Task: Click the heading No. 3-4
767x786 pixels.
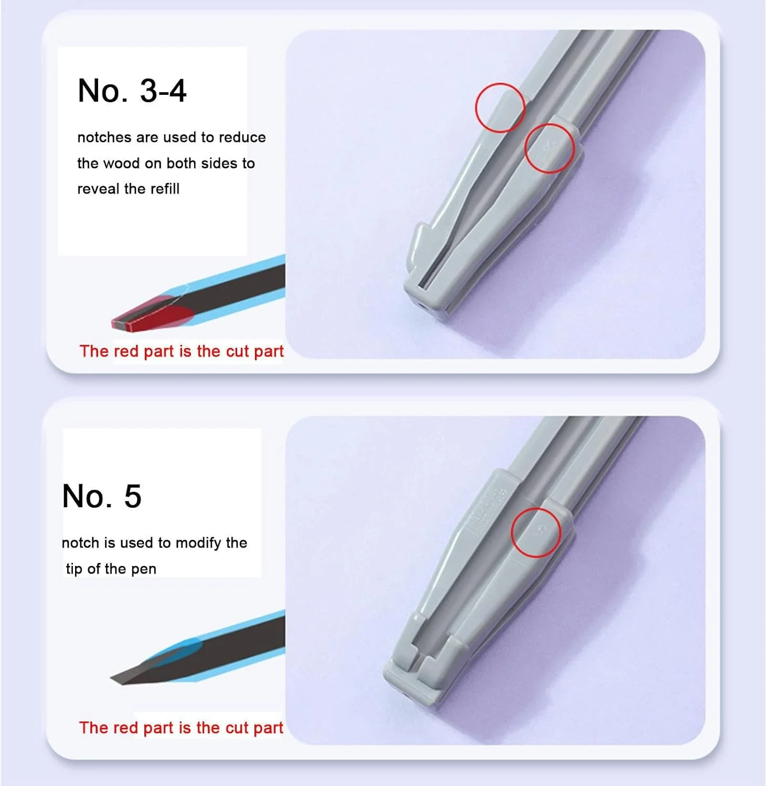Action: pyautogui.click(x=132, y=90)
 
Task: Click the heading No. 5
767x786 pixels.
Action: pyautogui.click(x=102, y=496)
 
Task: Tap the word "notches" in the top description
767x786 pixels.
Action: pyautogui.click(x=104, y=137)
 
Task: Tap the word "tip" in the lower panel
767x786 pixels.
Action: pyautogui.click(x=74, y=569)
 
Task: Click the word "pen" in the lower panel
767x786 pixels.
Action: pyautogui.click(x=144, y=569)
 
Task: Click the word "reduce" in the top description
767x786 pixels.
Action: pyautogui.click(x=242, y=137)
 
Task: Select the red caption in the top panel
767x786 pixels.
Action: pyautogui.click(x=181, y=351)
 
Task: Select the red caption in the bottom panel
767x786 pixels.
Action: pyautogui.click(x=181, y=728)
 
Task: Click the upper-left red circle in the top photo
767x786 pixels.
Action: pyautogui.click(x=500, y=107)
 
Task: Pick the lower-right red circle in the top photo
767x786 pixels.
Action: pyautogui.click(x=549, y=148)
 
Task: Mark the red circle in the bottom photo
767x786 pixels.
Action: pyautogui.click(x=536, y=532)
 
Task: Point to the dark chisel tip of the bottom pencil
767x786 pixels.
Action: pyautogui.click(x=131, y=676)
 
